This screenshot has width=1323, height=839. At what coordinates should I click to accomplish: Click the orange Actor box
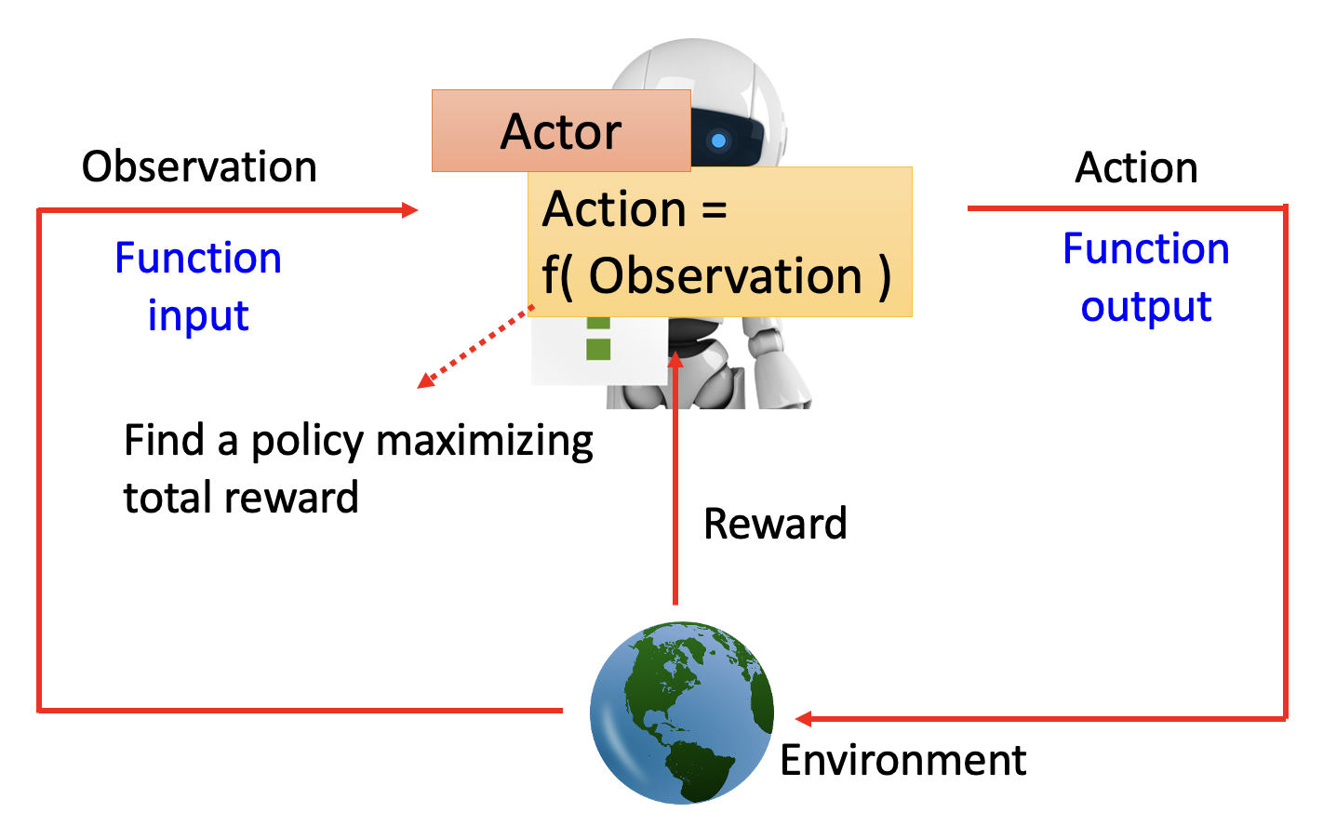pyautogui.click(x=561, y=131)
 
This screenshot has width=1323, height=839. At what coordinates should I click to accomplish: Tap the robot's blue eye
pyautogui.click(x=718, y=141)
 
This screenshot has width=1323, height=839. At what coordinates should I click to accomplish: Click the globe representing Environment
pyautogui.click(x=682, y=712)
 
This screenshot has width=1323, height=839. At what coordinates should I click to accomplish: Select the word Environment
pyautogui.click(x=902, y=760)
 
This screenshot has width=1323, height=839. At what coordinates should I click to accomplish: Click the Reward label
pyautogui.click(x=775, y=524)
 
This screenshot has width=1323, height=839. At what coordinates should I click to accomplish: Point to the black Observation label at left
pyautogui.click(x=199, y=167)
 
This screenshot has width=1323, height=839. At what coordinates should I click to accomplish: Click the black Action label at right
pyautogui.click(x=1136, y=168)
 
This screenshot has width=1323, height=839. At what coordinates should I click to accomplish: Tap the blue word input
pyautogui.click(x=198, y=316)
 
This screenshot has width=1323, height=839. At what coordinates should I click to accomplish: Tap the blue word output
pyautogui.click(x=1146, y=307)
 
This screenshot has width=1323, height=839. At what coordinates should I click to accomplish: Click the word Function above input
pyautogui.click(x=198, y=258)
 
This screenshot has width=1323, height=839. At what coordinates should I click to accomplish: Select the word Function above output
pyautogui.click(x=1146, y=248)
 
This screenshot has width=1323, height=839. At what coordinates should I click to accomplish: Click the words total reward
pyautogui.click(x=241, y=498)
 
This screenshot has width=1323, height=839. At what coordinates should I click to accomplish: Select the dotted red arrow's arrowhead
pyautogui.click(x=425, y=381)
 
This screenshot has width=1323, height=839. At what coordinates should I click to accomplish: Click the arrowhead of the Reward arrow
pyautogui.click(x=676, y=359)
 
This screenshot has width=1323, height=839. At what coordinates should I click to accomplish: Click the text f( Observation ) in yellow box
pyautogui.click(x=716, y=276)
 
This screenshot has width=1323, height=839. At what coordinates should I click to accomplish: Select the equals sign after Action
pyautogui.click(x=714, y=210)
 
